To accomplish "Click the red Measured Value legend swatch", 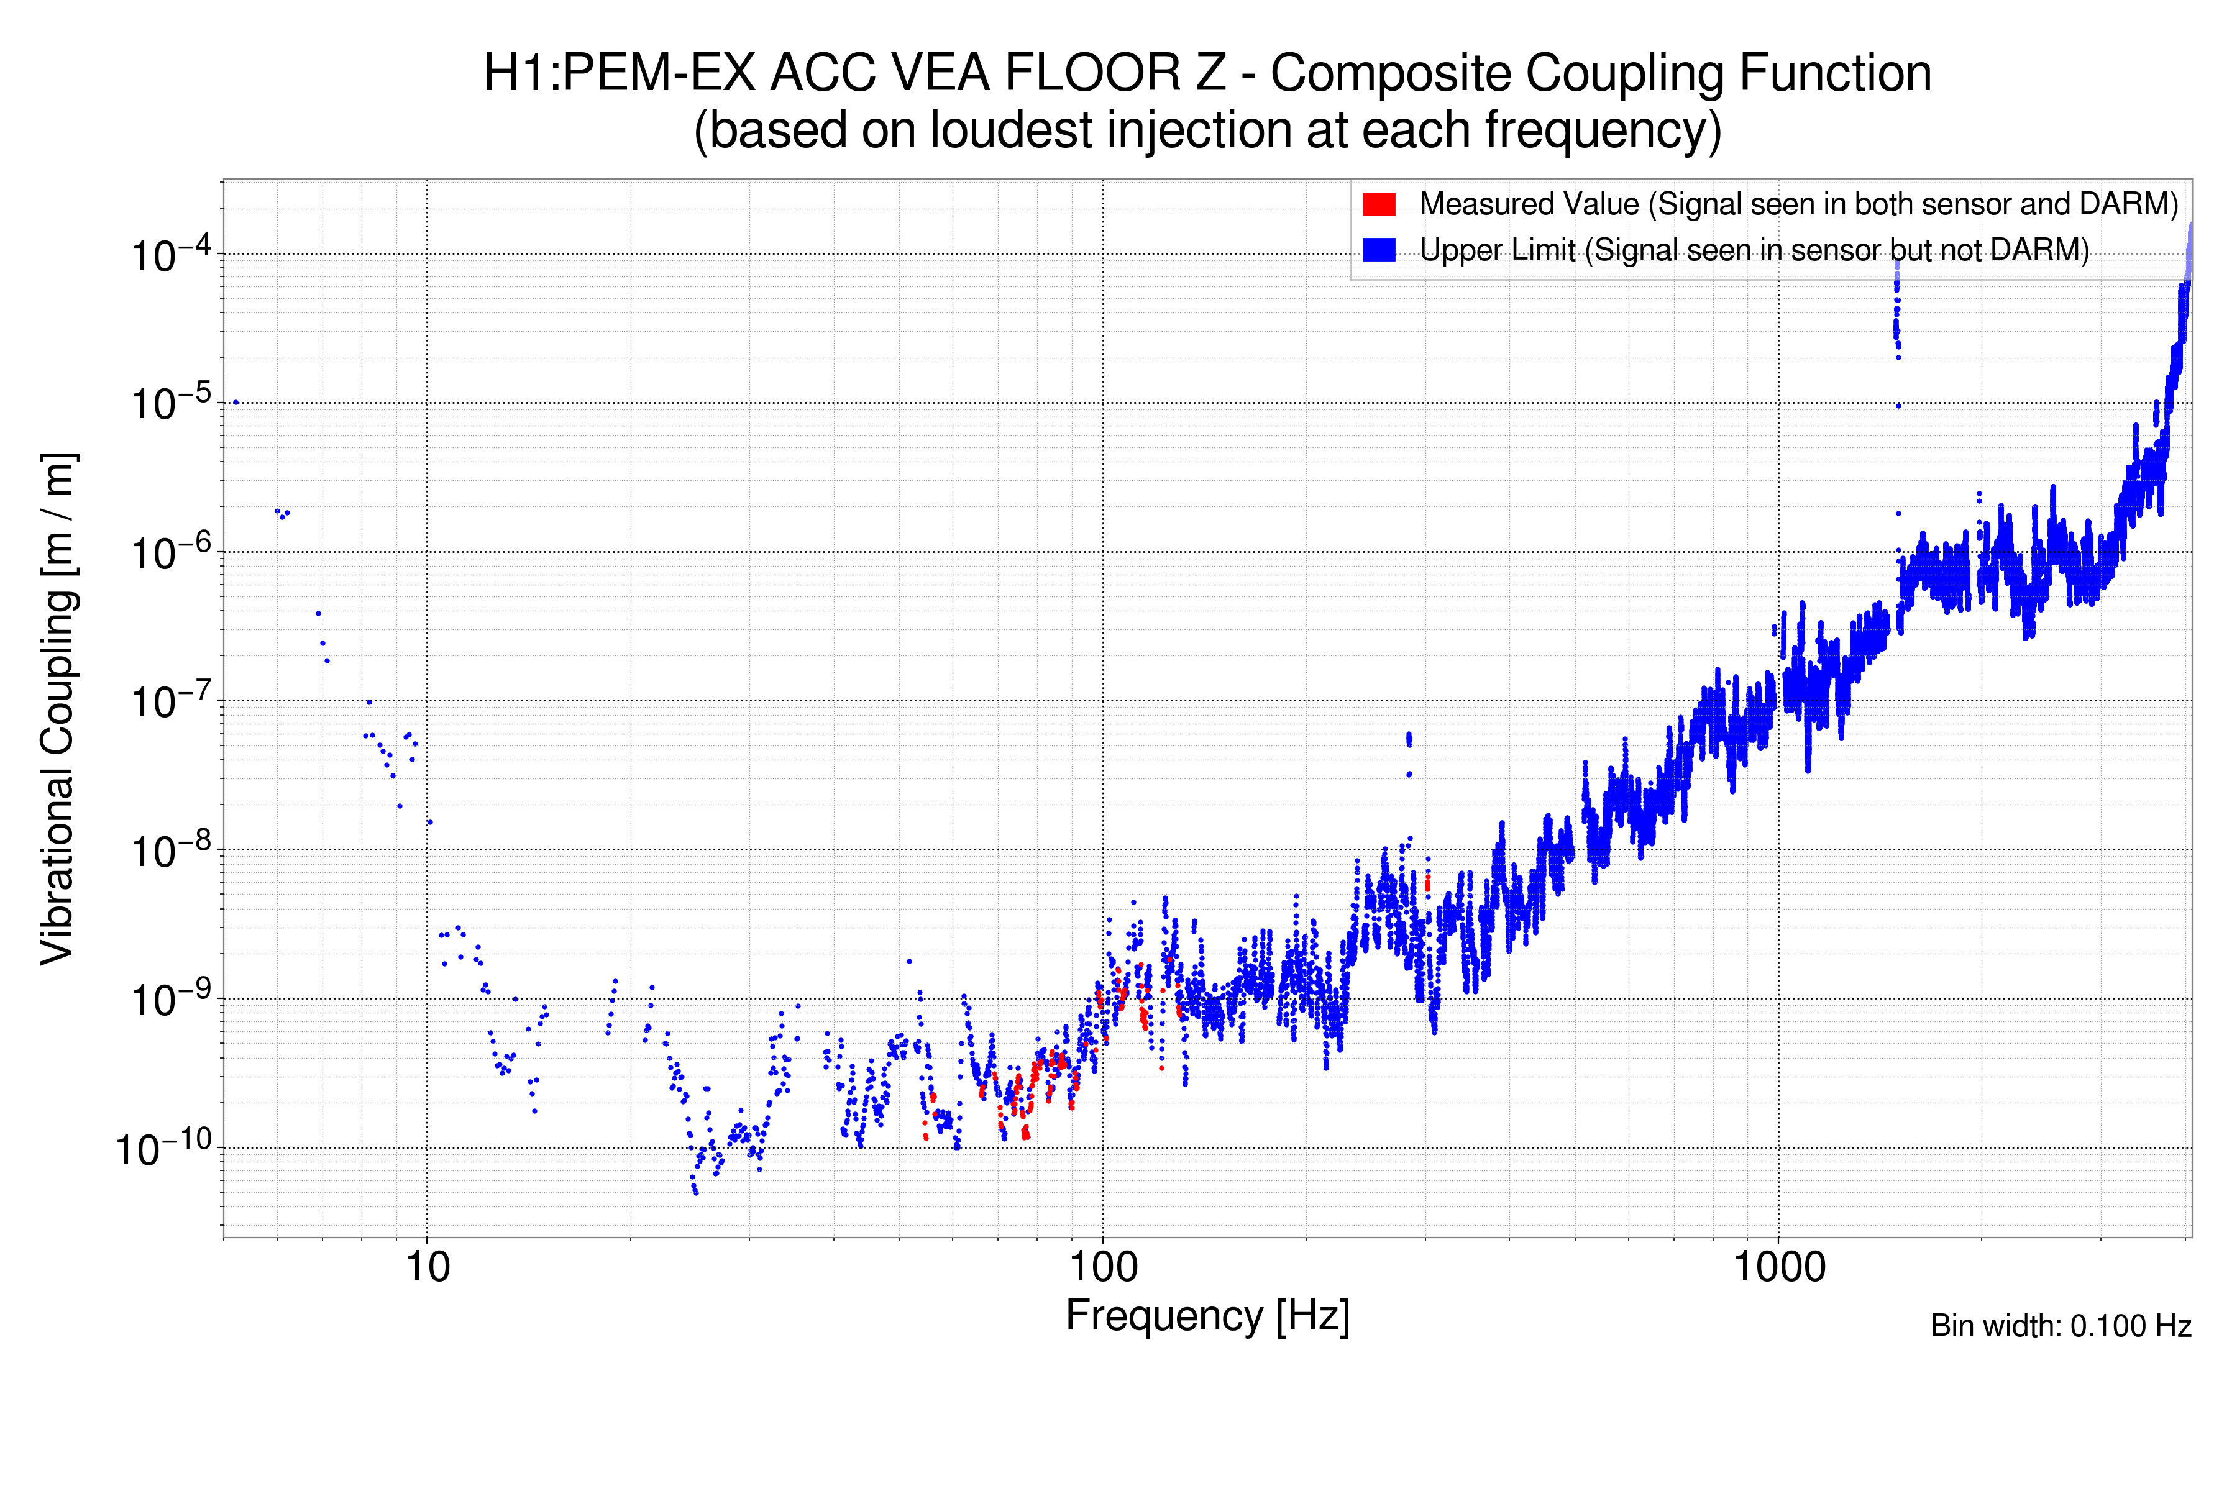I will click(1378, 204).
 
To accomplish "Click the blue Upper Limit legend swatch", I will click(1378, 250).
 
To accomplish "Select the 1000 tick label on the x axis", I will click(1778, 1267).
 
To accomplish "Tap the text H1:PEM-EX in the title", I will click(619, 73).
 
